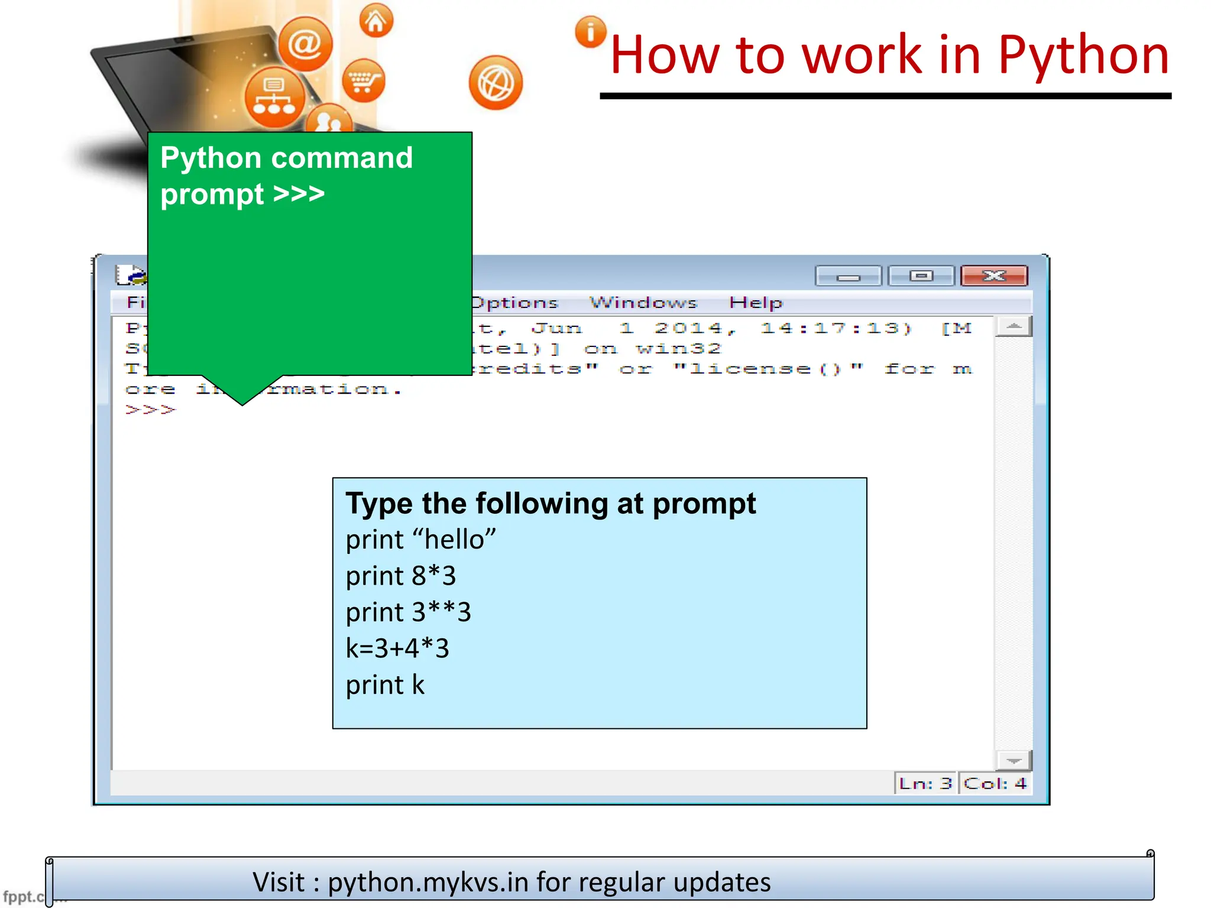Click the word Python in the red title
pos(1083,56)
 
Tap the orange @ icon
pos(305,44)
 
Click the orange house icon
pos(375,21)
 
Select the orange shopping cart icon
pos(363,81)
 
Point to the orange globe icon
pos(496,83)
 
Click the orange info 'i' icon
pos(590,32)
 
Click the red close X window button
pos(994,276)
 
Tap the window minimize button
pos(848,276)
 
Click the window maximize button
pos(921,276)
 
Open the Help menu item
pos(755,303)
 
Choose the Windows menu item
pos(643,303)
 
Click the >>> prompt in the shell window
pos(150,409)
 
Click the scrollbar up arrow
pos(1014,326)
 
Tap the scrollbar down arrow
pos(1014,760)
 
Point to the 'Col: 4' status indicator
pos(995,783)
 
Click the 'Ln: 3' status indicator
pos(925,783)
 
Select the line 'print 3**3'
pos(408,612)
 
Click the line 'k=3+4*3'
pos(397,648)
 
